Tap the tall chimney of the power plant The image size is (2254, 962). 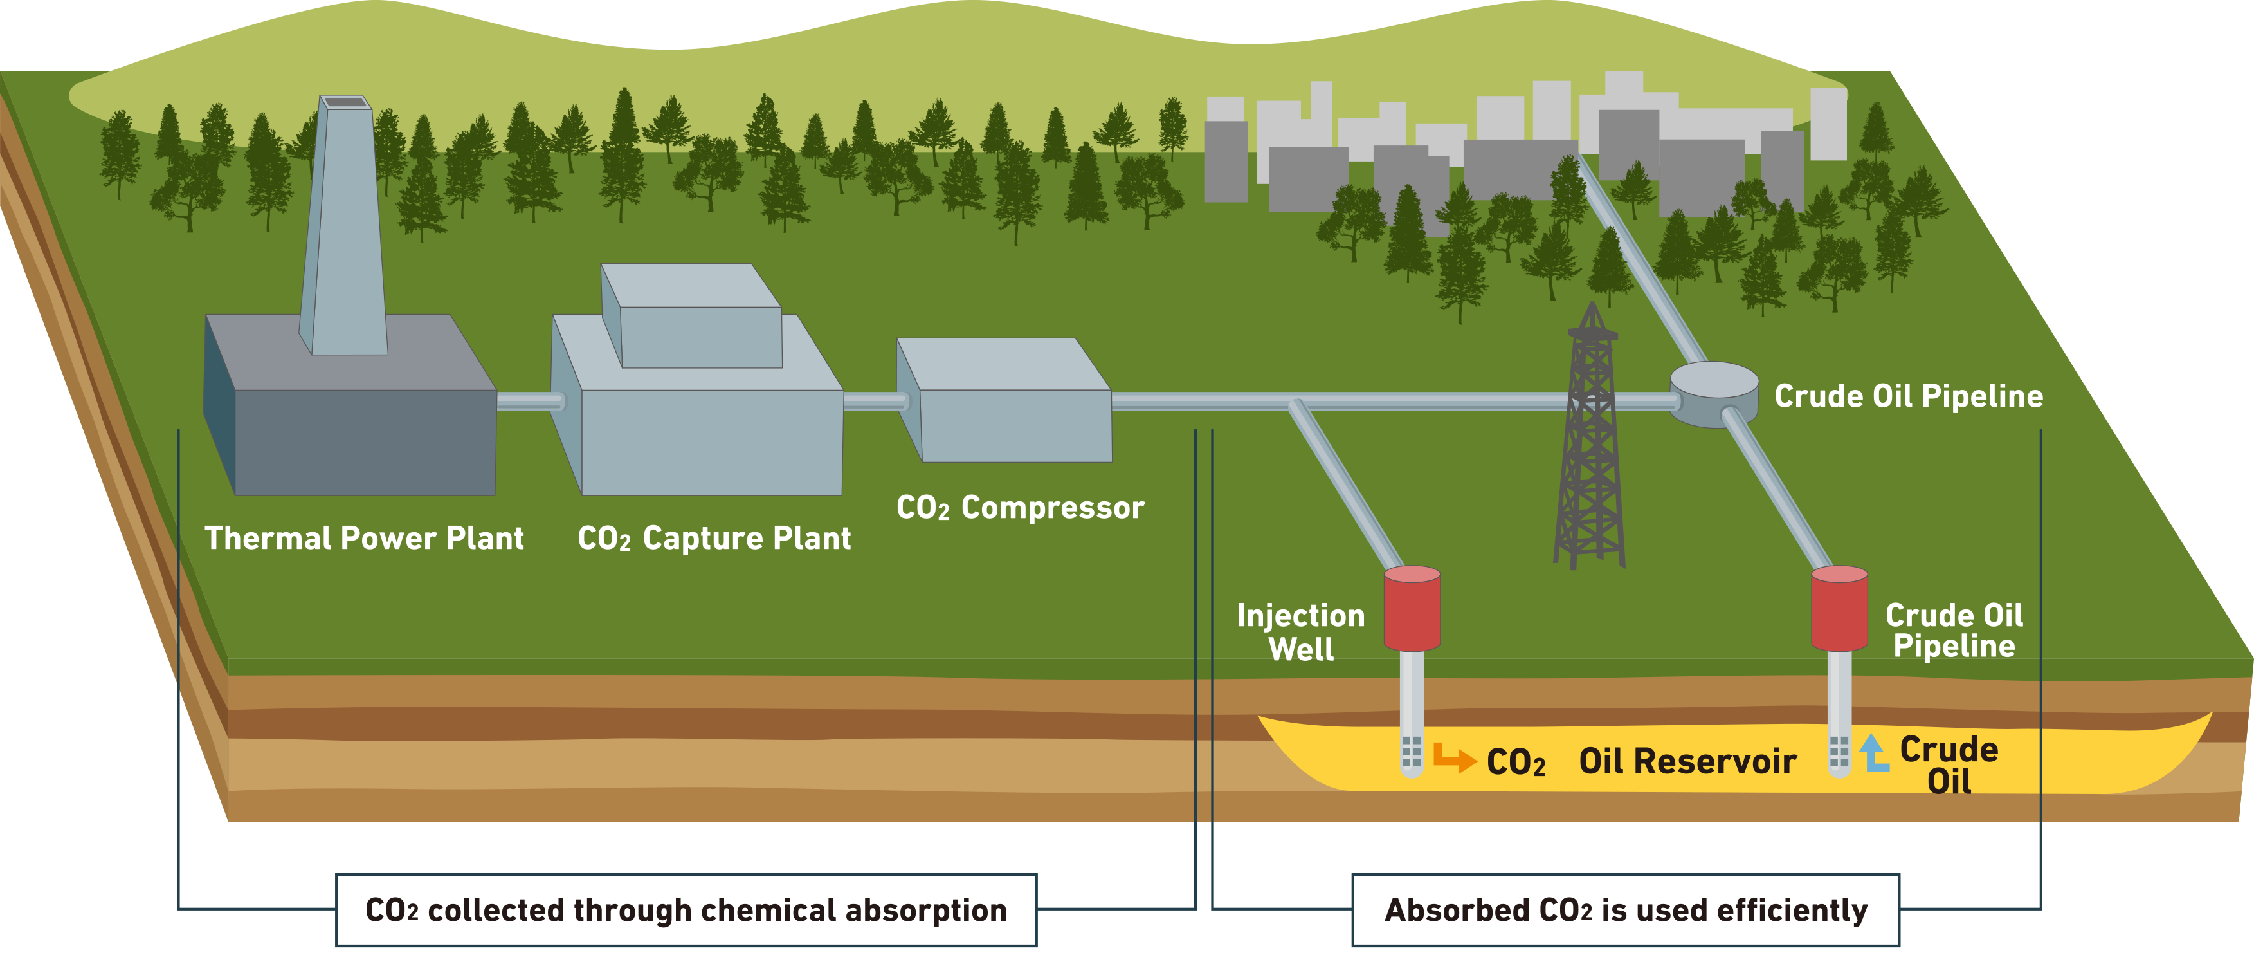344,228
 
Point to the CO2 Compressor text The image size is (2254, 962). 1021,508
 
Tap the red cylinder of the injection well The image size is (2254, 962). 1412,608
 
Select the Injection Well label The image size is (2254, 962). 1300,632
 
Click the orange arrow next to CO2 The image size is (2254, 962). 1453,757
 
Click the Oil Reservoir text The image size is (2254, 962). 1687,761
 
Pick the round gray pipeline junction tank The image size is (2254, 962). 1713,394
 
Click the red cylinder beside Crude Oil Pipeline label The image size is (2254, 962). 1839,608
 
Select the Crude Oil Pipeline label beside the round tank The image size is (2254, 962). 1909,396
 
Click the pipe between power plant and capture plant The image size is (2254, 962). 529,401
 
